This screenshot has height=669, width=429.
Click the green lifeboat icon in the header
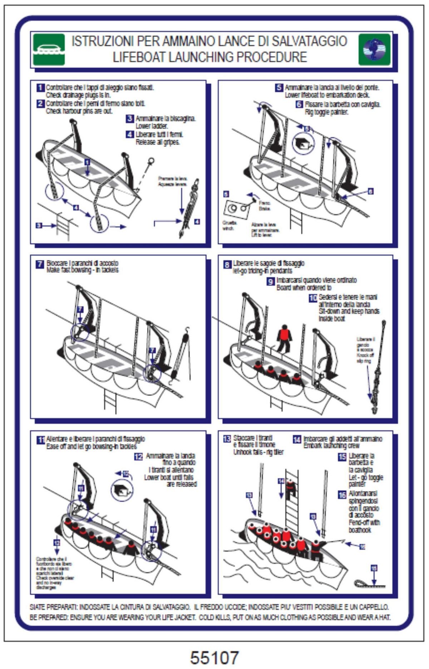tap(49, 49)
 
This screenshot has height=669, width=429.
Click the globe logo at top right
tap(374, 49)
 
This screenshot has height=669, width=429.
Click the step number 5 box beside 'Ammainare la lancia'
tap(279, 88)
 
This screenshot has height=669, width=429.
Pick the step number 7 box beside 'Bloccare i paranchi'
tap(40, 264)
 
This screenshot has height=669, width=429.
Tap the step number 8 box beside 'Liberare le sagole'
tap(227, 265)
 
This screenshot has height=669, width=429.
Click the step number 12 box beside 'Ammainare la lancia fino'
tap(138, 457)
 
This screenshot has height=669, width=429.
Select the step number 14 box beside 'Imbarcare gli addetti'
tap(297, 439)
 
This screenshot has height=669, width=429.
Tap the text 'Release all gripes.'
tap(158, 142)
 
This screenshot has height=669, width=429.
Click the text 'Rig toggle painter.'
tap(326, 112)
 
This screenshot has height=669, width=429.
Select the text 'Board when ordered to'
tap(304, 287)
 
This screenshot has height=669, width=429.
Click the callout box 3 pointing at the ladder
tap(39, 225)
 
